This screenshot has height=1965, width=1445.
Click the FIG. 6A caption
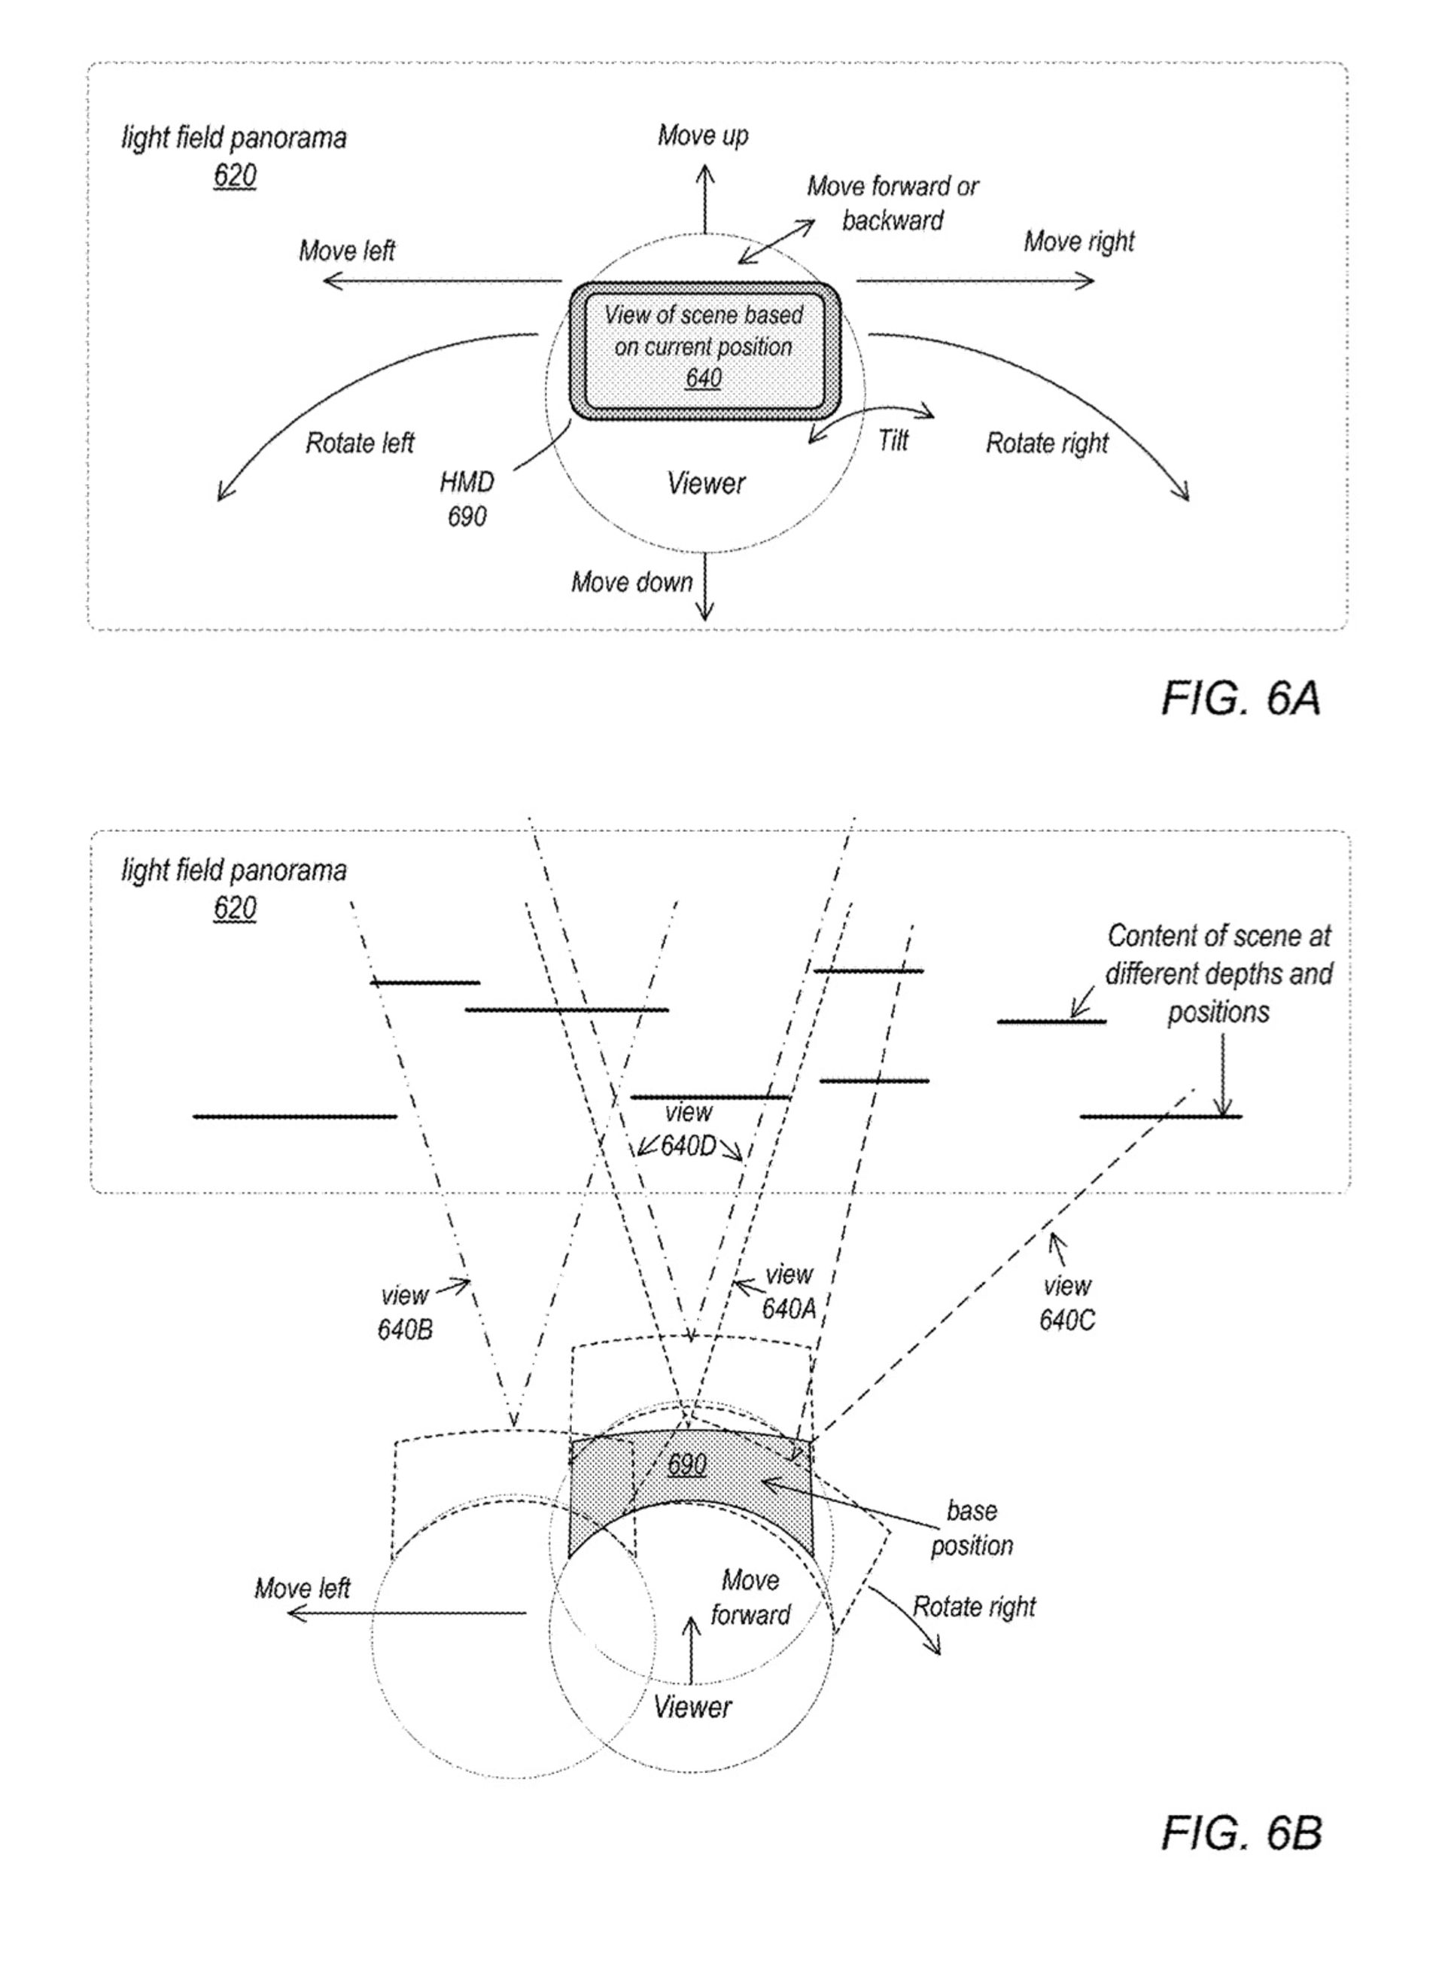[x=1240, y=699]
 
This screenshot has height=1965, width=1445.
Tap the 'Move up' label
[x=702, y=136]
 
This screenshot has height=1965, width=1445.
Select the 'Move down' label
[x=631, y=582]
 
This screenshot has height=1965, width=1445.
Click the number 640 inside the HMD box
[x=703, y=378]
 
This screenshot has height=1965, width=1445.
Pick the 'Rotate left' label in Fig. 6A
[x=360, y=443]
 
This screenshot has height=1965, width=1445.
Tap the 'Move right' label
[x=1078, y=242]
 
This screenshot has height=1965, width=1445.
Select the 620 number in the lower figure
[x=234, y=908]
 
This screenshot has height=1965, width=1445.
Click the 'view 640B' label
[x=405, y=1312]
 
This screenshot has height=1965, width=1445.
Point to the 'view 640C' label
[x=1066, y=1302]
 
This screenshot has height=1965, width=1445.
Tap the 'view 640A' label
[x=788, y=1291]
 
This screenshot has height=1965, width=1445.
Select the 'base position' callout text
[x=971, y=1528]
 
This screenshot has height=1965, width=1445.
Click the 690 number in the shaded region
[x=686, y=1464]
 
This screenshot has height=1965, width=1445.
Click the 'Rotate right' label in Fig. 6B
[x=974, y=1607]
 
